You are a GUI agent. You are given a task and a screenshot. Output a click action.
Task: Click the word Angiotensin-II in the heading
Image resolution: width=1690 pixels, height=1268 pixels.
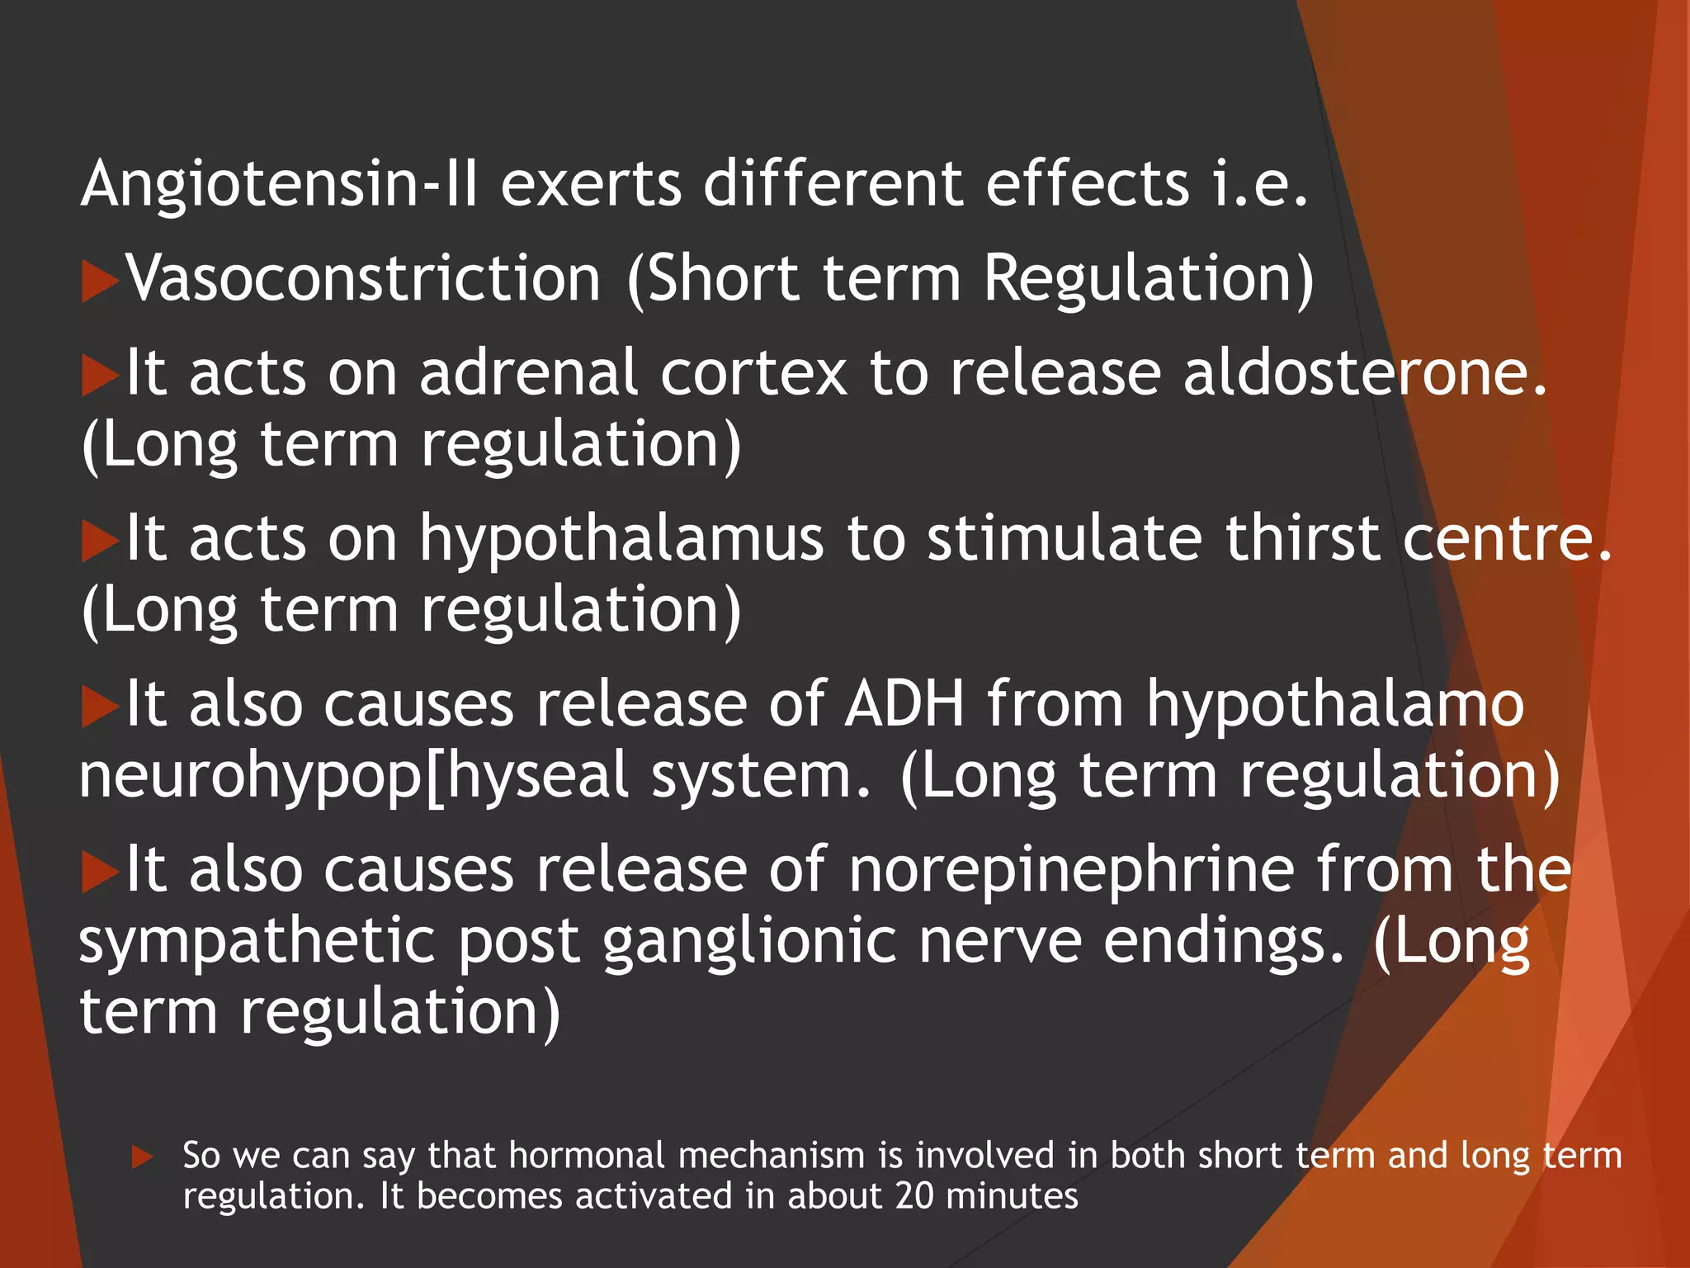click(279, 183)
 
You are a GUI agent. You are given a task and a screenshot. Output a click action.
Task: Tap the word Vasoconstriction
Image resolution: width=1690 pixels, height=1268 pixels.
click(363, 278)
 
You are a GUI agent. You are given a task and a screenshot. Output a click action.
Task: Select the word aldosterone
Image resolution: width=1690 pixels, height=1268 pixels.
click(1365, 373)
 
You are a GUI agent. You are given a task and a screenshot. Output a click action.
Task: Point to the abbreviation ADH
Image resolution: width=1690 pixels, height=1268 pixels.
click(904, 704)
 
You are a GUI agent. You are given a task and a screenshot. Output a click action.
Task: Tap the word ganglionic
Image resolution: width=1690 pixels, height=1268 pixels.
click(749, 941)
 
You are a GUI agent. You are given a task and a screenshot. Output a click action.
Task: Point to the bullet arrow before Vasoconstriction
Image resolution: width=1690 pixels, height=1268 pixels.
click(100, 282)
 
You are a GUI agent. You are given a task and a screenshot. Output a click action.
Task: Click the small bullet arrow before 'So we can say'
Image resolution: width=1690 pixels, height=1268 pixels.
click(143, 1157)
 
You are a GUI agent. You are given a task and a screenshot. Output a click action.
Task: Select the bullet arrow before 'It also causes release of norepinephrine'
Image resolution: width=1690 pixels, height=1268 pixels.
click(100, 873)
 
